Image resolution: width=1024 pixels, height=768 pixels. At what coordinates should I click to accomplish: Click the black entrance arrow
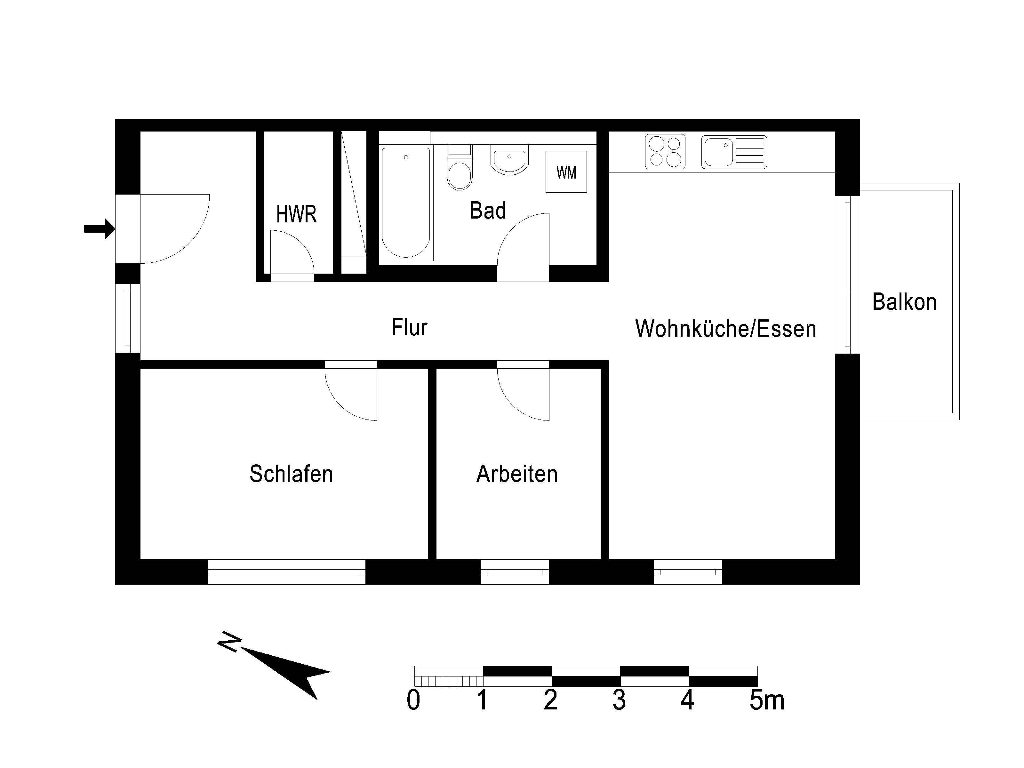click(100, 229)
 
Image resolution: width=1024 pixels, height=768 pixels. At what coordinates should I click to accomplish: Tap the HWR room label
click(296, 214)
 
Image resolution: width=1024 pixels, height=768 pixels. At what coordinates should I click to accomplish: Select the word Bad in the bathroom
click(488, 211)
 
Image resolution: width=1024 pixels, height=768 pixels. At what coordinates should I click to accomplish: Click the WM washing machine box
click(566, 172)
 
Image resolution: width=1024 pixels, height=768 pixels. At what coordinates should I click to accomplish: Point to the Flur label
click(409, 327)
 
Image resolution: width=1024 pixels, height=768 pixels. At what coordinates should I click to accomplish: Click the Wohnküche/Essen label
click(725, 329)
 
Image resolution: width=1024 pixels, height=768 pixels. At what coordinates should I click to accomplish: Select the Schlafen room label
click(291, 474)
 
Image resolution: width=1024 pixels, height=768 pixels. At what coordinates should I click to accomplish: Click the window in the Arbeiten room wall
click(514, 572)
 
